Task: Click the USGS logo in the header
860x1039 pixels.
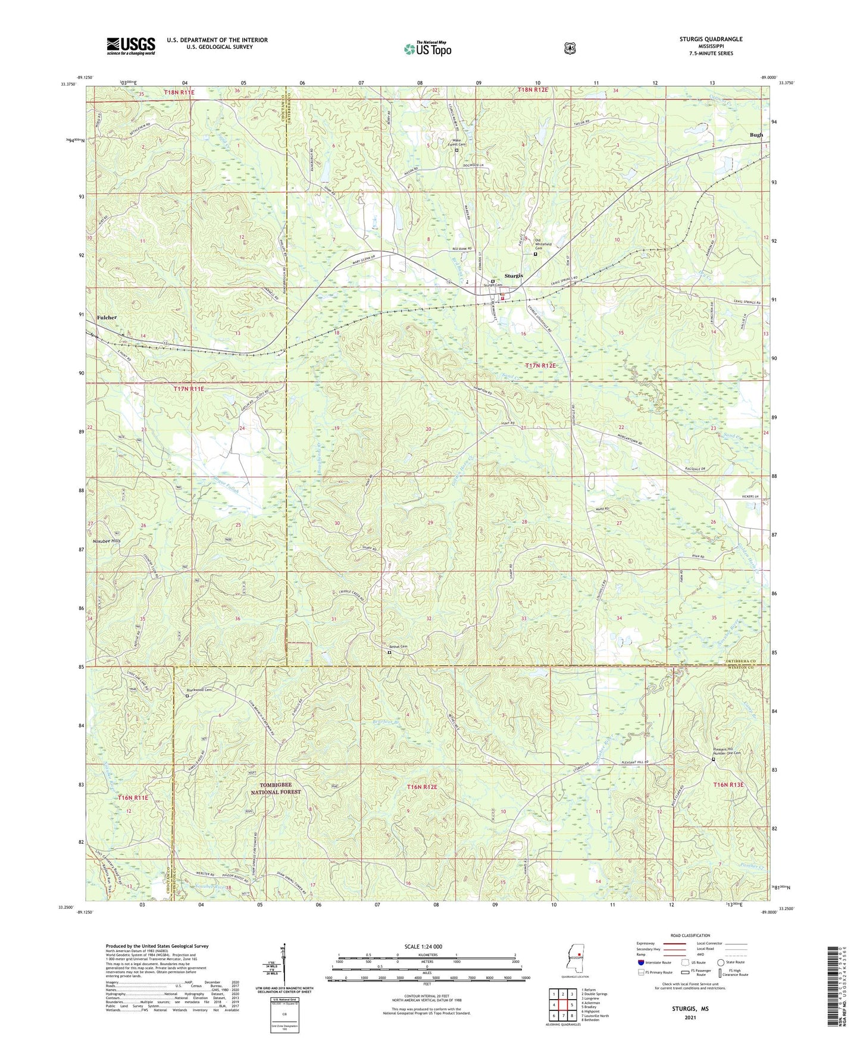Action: pos(130,46)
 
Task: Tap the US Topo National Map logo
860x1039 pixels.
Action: pos(427,49)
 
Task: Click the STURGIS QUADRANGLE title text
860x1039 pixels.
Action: pos(711,39)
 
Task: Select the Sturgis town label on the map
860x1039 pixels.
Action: pos(514,276)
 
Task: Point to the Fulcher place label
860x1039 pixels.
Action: pos(107,318)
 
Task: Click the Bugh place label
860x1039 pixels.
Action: pos(756,135)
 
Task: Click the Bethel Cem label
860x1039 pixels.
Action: pos(399,647)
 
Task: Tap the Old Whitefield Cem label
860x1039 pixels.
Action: pos(543,246)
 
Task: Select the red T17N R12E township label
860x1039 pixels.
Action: pos(540,365)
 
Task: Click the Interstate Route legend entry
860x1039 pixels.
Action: pos(655,962)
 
